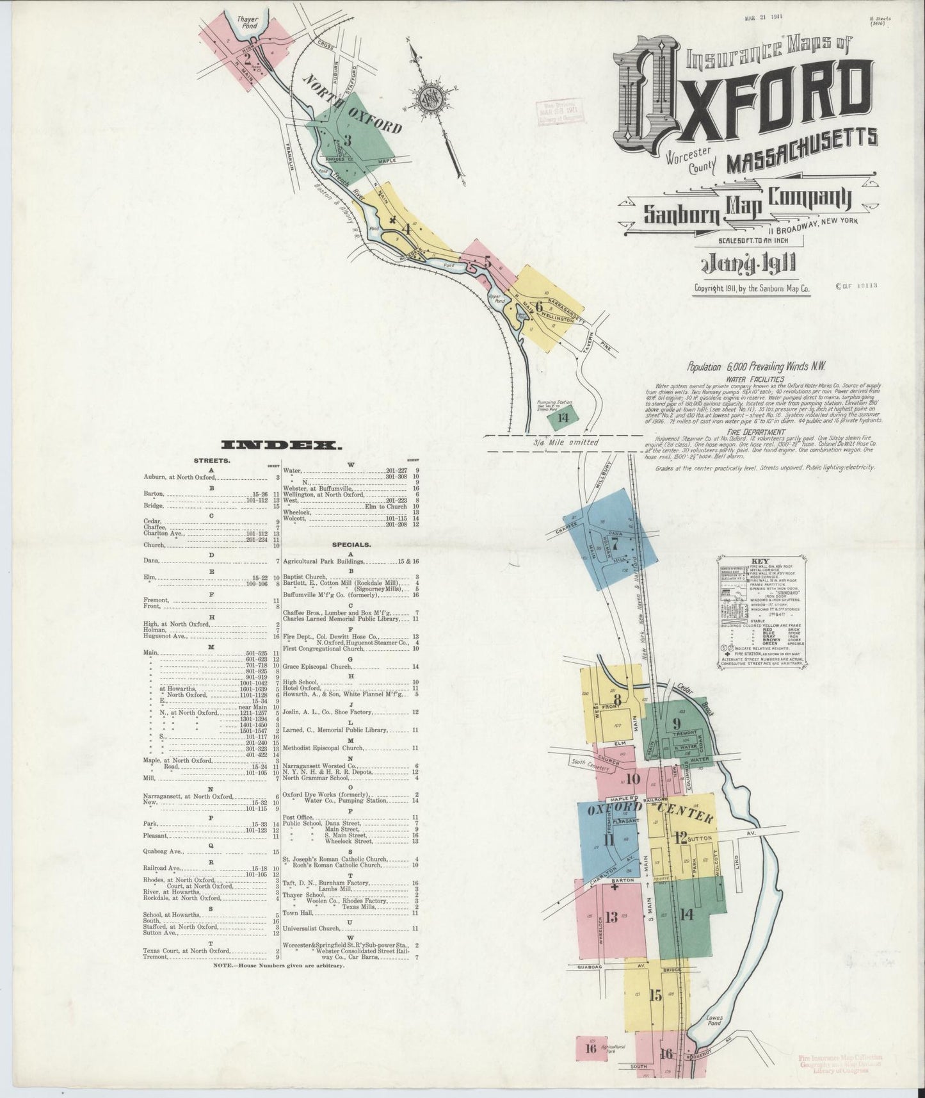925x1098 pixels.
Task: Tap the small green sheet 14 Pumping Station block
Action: click(x=563, y=418)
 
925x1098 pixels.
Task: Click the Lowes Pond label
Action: click(x=714, y=1020)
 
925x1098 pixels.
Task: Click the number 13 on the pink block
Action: click(x=611, y=917)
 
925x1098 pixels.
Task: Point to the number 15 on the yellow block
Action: click(x=655, y=995)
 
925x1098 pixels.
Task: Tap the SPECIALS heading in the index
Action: click(x=351, y=545)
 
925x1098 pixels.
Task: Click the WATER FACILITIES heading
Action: click(x=755, y=379)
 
